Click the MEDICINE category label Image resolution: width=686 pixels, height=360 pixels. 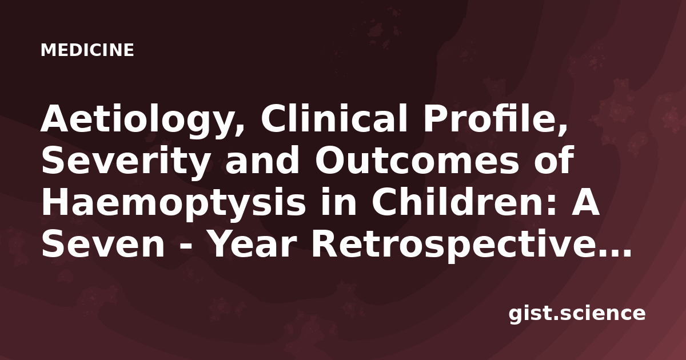click(x=87, y=50)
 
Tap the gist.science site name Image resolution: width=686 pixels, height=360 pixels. click(x=577, y=314)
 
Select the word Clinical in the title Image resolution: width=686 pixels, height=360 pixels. click(x=334, y=118)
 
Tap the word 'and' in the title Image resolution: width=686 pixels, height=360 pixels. click(x=262, y=161)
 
